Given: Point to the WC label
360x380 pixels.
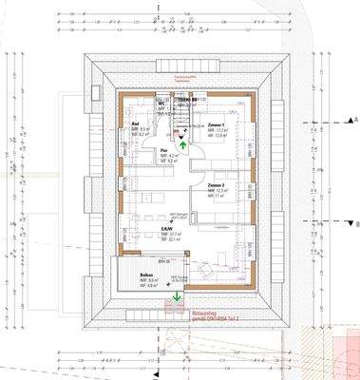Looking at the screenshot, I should click(162, 102).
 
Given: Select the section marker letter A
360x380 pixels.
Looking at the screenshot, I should click(354, 117).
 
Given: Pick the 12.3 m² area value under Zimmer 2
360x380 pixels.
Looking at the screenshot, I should click(219, 190).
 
